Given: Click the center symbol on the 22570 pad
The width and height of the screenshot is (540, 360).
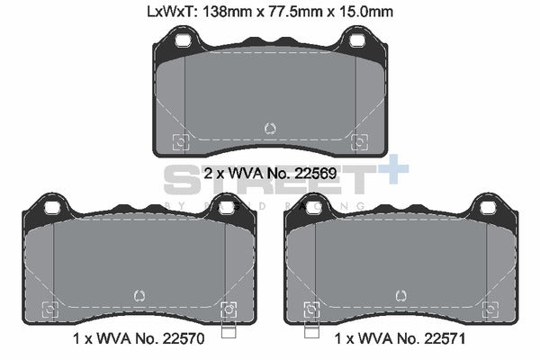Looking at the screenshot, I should coord(139,294).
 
